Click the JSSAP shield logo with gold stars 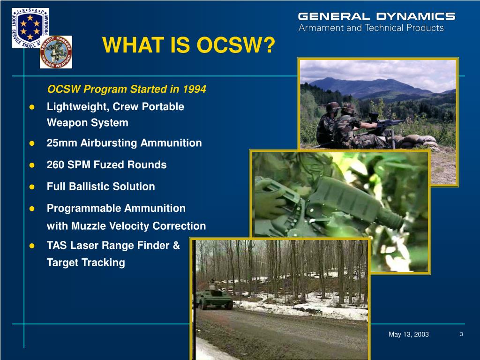(x=30, y=28)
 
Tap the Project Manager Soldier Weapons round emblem (x=56, y=52)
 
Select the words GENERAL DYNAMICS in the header (x=376, y=16)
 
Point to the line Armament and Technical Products (x=371, y=28)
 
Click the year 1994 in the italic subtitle (x=195, y=89)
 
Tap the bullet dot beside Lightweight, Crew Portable (x=32, y=107)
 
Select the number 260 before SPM (x=55, y=165)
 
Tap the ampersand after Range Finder (x=176, y=245)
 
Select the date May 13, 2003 (x=409, y=334)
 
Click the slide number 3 (x=461, y=334)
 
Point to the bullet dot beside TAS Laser (x=32, y=246)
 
